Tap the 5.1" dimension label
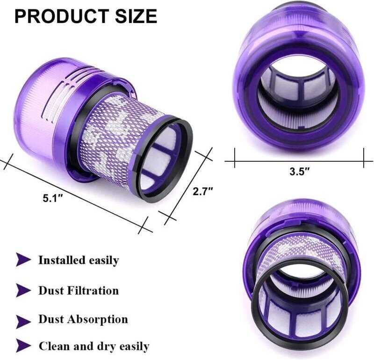pyautogui.click(x=53, y=198)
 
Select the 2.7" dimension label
pyautogui.click(x=202, y=191)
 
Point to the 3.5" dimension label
pyautogui.click(x=299, y=171)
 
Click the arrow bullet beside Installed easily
pyautogui.click(x=23, y=260)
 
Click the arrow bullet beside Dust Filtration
pyautogui.click(x=23, y=290)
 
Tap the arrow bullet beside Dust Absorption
pyautogui.click(x=23, y=321)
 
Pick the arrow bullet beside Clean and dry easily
pyautogui.click(x=23, y=346)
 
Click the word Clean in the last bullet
pyautogui.click(x=53, y=346)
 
